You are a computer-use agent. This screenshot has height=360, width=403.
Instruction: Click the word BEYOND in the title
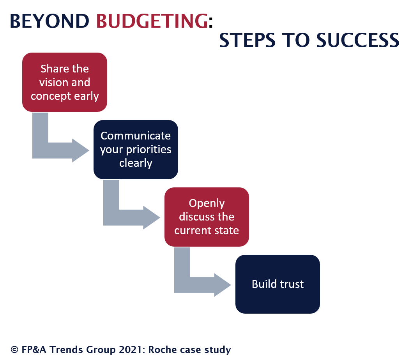[49, 21]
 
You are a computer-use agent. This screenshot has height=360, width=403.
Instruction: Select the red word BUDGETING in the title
[152, 21]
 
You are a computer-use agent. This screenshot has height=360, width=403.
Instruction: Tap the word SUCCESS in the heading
[357, 41]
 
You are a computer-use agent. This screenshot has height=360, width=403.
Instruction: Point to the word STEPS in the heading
[247, 41]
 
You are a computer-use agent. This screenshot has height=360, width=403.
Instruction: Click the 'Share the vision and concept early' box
[65, 82]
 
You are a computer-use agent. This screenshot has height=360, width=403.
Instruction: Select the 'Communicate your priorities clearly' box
[136, 150]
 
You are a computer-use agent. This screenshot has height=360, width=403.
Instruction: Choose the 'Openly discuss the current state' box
[207, 217]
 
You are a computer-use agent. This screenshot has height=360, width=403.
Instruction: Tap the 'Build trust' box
[278, 284]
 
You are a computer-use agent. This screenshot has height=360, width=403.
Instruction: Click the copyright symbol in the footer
[14, 349]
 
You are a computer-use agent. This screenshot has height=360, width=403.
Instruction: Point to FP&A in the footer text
[34, 349]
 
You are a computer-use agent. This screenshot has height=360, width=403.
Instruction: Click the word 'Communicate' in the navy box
[136, 136]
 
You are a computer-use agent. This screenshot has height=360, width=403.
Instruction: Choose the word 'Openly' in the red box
[207, 203]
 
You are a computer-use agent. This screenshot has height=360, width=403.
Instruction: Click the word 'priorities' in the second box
[148, 150]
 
